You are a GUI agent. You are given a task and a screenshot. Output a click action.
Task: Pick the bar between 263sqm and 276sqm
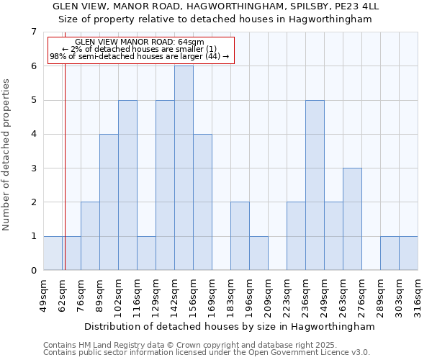352,219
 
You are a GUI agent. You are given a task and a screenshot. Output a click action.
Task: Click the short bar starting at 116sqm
146,253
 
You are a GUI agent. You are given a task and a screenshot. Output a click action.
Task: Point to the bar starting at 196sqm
258,253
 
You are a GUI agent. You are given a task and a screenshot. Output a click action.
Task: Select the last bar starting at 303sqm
408,253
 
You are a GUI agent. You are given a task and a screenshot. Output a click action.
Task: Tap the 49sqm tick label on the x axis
44,292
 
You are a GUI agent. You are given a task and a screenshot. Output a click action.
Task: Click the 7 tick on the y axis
33,32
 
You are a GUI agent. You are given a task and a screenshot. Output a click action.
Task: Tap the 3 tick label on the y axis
33,168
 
